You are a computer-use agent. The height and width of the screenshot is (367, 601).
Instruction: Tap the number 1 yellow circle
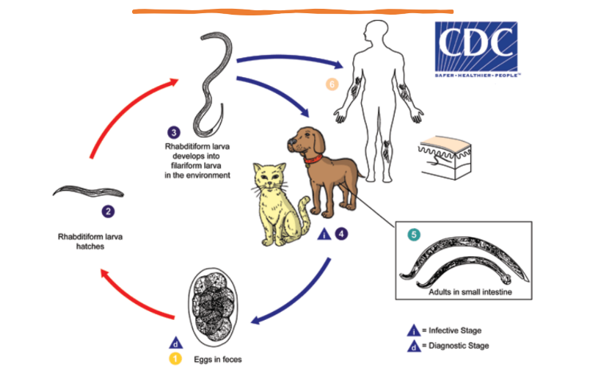176,359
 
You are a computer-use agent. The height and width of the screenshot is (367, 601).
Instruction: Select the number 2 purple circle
109,211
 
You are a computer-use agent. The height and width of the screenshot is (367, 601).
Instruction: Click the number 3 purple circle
174,132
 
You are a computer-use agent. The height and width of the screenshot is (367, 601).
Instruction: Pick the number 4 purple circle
341,234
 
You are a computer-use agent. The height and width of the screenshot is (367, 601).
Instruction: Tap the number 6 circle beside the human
332,84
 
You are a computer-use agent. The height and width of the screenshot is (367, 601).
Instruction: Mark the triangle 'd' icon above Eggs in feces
176,342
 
